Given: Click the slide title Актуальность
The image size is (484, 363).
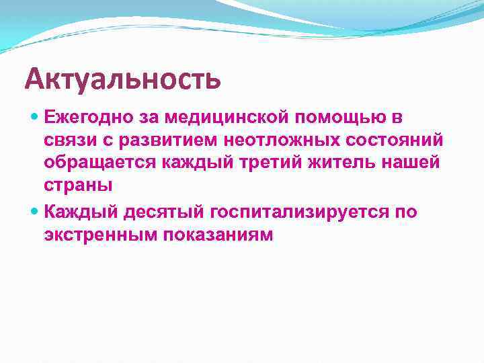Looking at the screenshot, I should (x=122, y=79).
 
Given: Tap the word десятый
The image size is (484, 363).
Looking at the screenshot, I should (x=159, y=212).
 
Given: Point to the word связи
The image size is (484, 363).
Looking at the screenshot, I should (x=66, y=141).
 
